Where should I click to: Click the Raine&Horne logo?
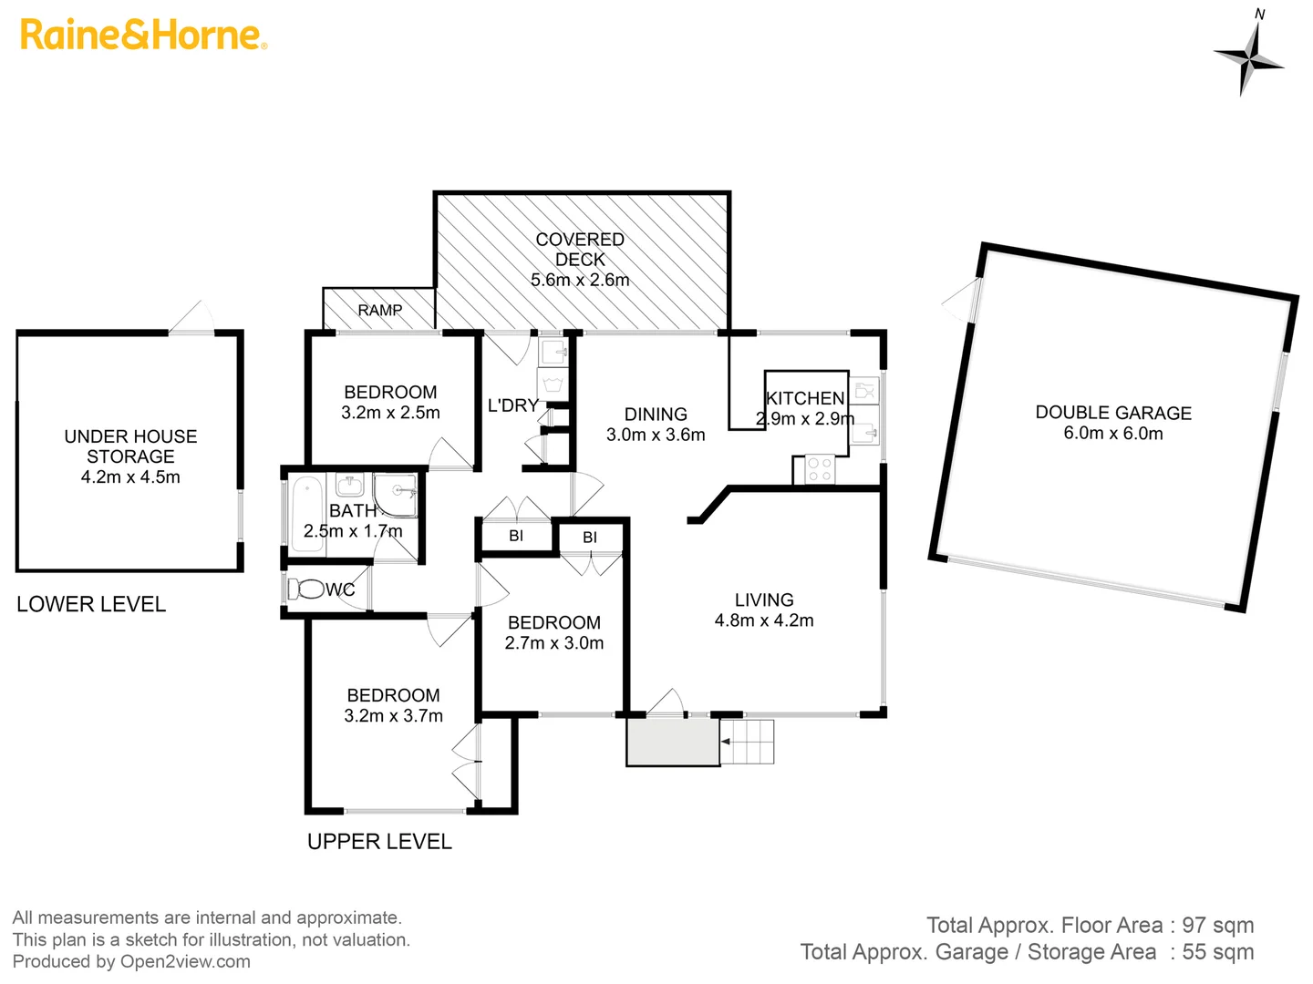click(143, 35)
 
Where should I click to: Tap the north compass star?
click(1250, 57)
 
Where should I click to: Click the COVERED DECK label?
click(580, 250)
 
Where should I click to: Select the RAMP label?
click(379, 310)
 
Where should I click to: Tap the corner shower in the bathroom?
click(397, 494)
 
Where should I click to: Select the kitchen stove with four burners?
click(819, 469)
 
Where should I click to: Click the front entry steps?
click(748, 742)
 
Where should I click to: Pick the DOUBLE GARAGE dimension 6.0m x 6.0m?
click(1112, 434)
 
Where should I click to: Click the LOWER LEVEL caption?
click(91, 604)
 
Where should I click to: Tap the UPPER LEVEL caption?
click(379, 842)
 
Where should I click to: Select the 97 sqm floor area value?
click(1217, 926)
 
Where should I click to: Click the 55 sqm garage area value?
click(1217, 952)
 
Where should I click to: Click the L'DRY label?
click(512, 405)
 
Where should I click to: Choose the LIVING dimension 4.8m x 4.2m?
click(764, 620)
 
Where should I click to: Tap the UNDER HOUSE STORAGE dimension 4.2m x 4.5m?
click(130, 477)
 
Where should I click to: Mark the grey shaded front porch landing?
click(673, 743)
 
